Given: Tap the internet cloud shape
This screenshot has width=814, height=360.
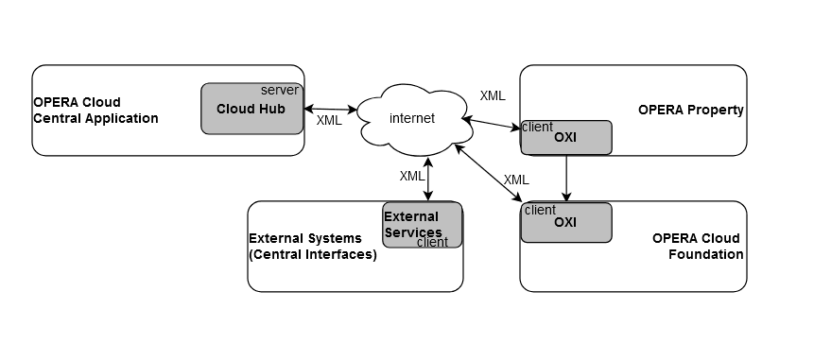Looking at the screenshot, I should tap(412, 118).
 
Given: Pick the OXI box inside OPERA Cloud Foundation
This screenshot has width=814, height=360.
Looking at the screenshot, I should tap(565, 223).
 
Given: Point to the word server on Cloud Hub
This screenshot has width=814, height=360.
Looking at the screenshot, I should tap(280, 91).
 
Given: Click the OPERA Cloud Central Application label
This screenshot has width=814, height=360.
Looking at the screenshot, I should tap(95, 111).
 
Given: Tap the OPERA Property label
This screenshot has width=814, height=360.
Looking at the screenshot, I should tap(690, 110).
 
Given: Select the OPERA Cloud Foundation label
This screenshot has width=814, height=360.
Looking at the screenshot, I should tap(697, 246).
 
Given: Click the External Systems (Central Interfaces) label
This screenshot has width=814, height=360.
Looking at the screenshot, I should tap(312, 246).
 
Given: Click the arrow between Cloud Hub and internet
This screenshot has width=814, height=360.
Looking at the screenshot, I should tap(331, 110).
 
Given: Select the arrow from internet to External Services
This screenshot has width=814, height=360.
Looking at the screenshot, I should tap(429, 180).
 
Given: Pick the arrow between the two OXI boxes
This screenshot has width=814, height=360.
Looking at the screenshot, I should tap(566, 178).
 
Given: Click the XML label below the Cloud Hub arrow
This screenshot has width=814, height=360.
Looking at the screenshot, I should tap(329, 121).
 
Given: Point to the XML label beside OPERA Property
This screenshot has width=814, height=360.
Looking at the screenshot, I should tap(493, 95).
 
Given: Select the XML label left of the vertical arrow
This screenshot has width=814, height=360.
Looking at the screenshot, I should tap(412, 176).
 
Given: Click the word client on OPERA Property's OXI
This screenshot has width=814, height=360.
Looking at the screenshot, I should tap(538, 127).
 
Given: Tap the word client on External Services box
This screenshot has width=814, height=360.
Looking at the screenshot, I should tap(432, 242).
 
